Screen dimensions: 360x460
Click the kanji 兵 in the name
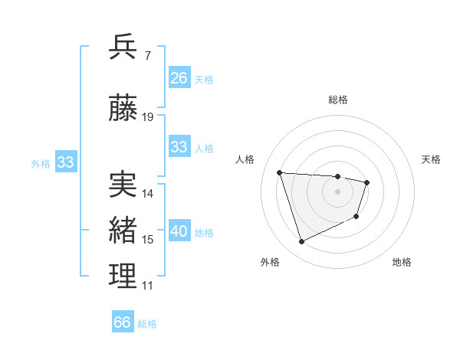123,47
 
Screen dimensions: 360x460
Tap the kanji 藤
123,108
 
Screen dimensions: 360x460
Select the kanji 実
123,184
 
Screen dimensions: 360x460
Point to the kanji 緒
123,230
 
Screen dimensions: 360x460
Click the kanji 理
123,276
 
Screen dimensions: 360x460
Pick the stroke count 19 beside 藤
148,117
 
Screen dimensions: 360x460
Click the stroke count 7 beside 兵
147,56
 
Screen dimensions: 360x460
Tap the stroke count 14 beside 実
148,194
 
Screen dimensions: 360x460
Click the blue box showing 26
179,77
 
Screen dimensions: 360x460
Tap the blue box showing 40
179,231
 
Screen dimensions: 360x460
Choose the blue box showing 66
123,322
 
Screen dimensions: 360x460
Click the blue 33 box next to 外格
65,162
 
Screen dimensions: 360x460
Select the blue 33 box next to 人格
179,147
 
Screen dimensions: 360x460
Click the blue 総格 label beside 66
147,324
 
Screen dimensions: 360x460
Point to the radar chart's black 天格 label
432,159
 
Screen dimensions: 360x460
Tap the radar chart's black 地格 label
402,262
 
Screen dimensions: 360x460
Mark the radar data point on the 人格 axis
280,172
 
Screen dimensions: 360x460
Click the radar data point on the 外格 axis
301,242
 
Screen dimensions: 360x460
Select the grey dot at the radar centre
337,191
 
